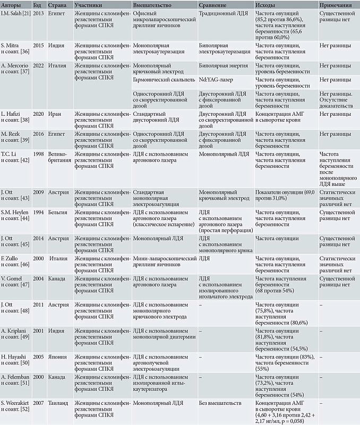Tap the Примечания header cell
point(337,4)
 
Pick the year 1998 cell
point(38,154)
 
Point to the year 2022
point(38,65)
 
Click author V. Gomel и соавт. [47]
point(14,282)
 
